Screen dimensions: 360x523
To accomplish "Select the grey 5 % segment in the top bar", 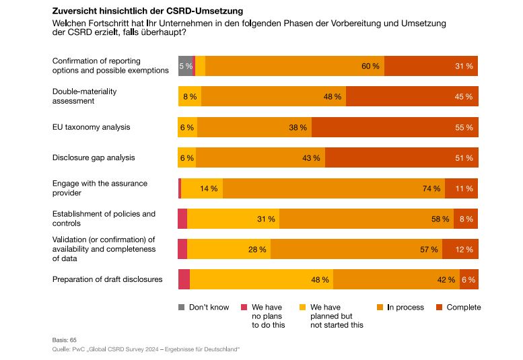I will (185, 66).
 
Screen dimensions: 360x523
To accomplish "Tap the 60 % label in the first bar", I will (370, 66).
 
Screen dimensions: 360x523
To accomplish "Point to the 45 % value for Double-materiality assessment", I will (464, 97).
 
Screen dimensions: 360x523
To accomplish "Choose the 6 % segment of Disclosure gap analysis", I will (186, 157).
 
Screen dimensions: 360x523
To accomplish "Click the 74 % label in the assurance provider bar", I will (431, 188).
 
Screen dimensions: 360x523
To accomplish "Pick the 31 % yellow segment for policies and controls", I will (266, 219).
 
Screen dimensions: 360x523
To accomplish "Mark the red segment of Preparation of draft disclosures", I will (184, 279).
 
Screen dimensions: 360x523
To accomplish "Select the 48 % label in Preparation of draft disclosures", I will (320, 279).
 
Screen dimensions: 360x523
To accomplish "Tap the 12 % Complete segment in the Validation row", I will (464, 249).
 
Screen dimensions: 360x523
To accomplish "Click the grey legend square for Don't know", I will (181, 308).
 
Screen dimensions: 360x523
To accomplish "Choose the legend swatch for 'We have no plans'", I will (244, 308).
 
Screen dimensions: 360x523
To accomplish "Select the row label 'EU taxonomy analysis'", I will (92, 127).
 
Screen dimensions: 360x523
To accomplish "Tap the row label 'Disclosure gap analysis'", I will (94, 157).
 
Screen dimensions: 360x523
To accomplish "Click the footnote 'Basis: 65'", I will (65, 340).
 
